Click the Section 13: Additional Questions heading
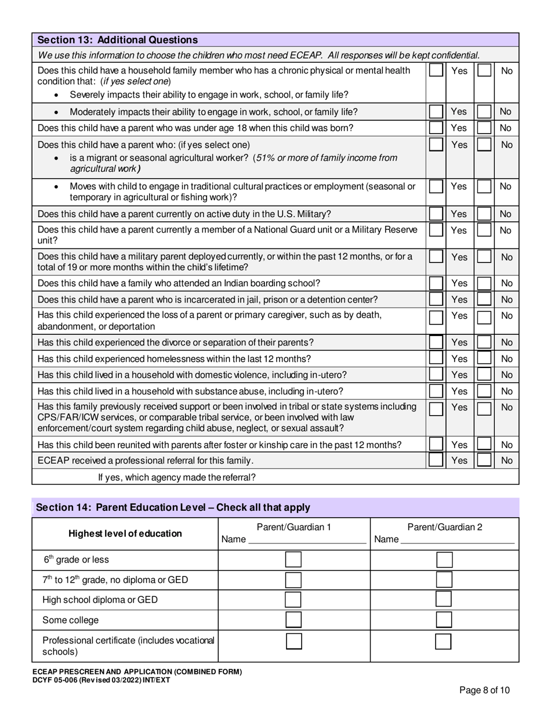point(117,40)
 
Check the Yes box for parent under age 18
point(436,128)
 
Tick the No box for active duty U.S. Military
point(484,214)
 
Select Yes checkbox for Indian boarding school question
point(436,283)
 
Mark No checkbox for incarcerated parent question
point(484,300)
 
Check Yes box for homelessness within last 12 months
point(436,359)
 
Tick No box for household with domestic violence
point(484,375)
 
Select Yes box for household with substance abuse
point(436,391)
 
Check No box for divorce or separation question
point(484,342)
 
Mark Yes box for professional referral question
point(436,461)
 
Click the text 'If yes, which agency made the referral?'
point(177,478)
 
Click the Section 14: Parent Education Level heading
point(173,507)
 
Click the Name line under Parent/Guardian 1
point(307,540)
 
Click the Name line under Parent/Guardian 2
point(458,540)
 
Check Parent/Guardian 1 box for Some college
point(294,619)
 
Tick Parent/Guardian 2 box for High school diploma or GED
point(444,600)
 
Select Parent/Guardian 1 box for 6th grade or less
point(294,560)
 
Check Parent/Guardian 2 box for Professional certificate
point(444,641)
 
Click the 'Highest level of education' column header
point(125,533)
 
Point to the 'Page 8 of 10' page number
point(484,690)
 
